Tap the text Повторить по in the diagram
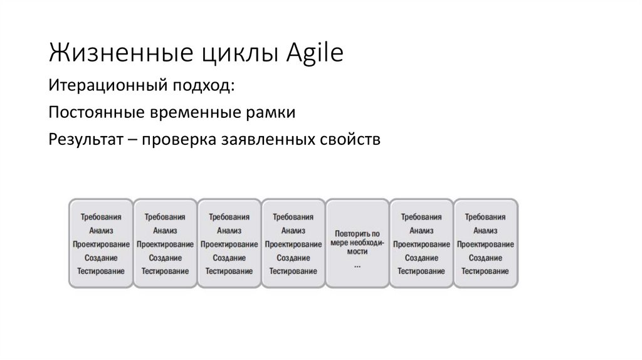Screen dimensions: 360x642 [x=357, y=233]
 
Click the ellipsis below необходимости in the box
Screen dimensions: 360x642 [x=357, y=265]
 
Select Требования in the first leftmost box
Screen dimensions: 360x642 [x=101, y=217]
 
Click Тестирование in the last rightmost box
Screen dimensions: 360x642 [x=486, y=271]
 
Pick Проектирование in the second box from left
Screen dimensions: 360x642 [x=165, y=244]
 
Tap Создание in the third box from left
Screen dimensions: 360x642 [x=229, y=258]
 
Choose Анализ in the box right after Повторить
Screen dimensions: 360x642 [x=421, y=230]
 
